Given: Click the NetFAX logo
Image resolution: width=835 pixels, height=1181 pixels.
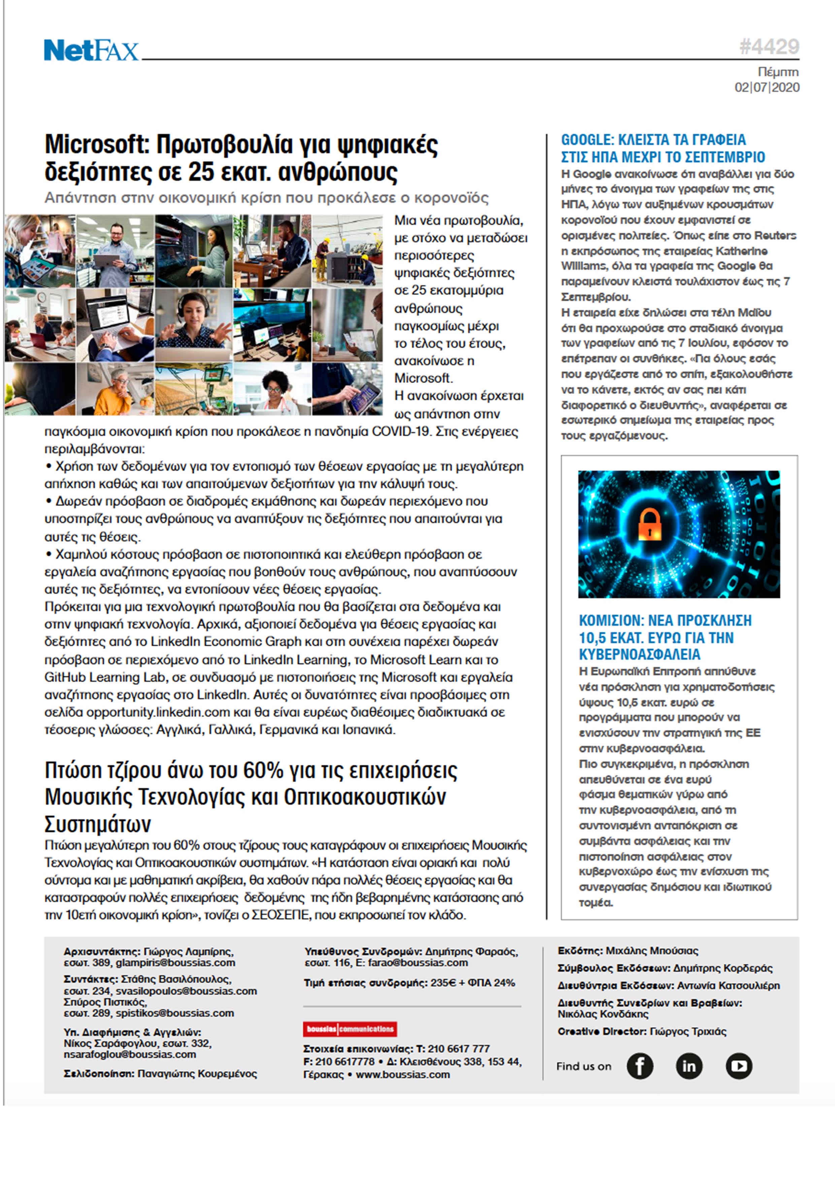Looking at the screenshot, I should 91,50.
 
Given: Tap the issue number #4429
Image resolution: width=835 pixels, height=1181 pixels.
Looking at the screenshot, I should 769,47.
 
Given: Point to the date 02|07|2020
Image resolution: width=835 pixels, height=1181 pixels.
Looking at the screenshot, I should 767,88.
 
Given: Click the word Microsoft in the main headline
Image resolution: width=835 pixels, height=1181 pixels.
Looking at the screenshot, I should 96,144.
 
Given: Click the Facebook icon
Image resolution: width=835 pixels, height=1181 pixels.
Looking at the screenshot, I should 639,1066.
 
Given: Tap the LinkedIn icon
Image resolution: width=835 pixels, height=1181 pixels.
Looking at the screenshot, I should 689,1066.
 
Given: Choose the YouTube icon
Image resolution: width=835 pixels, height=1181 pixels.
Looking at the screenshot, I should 739,1066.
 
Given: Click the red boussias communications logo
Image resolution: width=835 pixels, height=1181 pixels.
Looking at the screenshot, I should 350,1029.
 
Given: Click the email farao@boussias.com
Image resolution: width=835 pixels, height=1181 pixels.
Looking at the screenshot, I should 418,963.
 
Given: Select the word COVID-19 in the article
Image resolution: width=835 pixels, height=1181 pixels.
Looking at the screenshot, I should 400,431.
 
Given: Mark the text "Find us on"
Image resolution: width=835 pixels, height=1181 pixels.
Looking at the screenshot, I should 583,1066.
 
